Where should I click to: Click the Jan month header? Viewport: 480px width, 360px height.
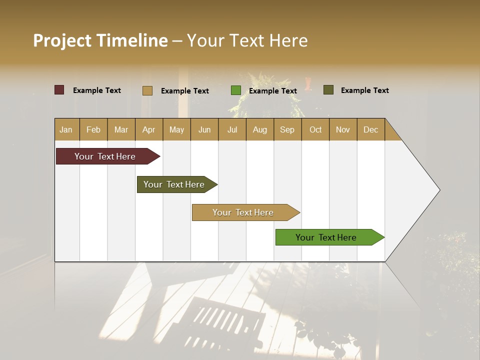(x=66, y=129)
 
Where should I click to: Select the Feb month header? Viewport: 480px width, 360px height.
(x=93, y=129)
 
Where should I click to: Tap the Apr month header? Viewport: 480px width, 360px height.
(x=148, y=129)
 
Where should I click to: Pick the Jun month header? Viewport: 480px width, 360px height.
(x=204, y=129)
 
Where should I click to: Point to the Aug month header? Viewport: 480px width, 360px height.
(x=259, y=129)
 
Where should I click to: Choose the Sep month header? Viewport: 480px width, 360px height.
(x=287, y=129)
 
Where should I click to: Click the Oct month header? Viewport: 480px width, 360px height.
(x=315, y=129)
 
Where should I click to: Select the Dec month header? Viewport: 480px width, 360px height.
(x=370, y=129)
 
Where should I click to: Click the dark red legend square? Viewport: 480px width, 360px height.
(x=59, y=90)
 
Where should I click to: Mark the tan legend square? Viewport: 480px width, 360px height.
(x=147, y=90)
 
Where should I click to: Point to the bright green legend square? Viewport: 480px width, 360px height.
(x=236, y=90)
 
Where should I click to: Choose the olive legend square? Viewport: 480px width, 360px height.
(x=328, y=90)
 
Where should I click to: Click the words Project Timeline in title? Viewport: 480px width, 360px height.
(x=100, y=40)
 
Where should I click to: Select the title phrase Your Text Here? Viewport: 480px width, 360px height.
(x=247, y=40)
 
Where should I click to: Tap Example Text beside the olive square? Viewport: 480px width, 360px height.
(x=364, y=90)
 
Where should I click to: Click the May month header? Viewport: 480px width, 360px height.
(x=176, y=129)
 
